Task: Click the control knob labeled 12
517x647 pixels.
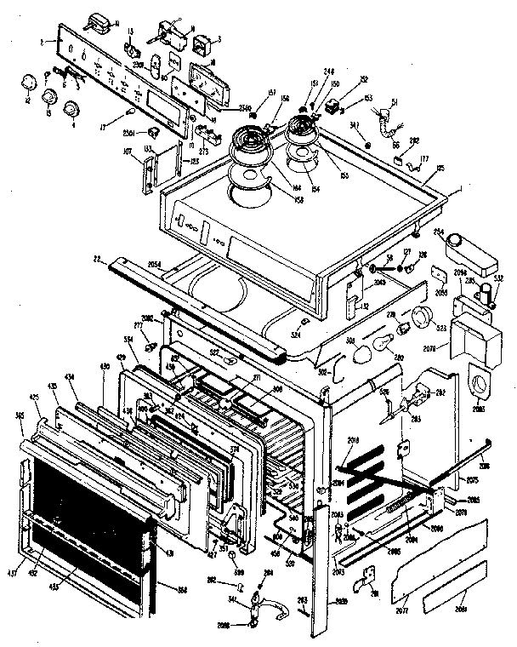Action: (x=30, y=82)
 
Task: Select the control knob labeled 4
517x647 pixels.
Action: (x=71, y=106)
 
